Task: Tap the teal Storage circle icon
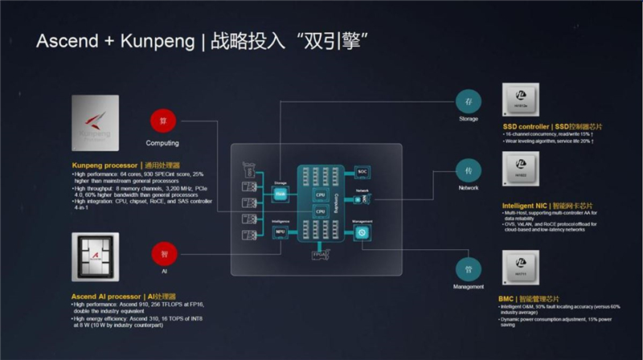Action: click(x=469, y=100)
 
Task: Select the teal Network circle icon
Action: click(x=469, y=171)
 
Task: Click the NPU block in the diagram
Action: click(x=281, y=232)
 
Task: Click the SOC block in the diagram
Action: click(x=362, y=172)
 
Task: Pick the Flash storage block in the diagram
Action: click(x=281, y=194)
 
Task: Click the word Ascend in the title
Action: click(x=63, y=41)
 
